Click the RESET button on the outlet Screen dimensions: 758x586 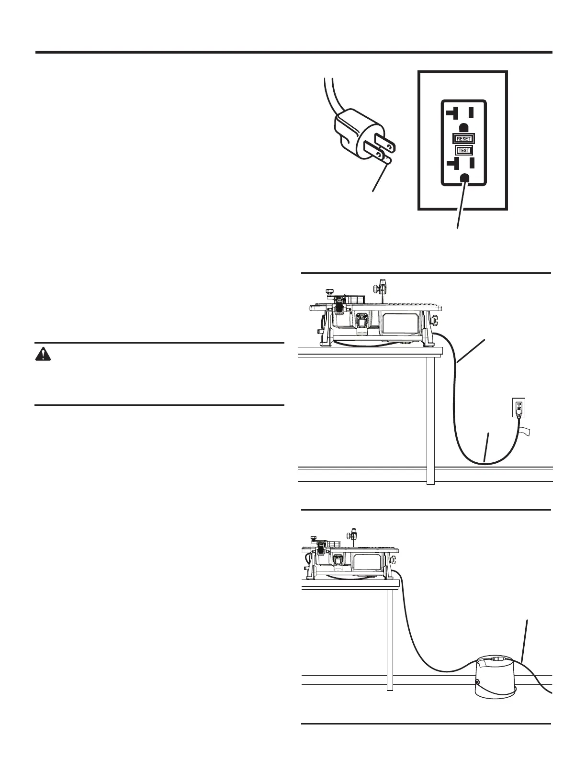point(463,139)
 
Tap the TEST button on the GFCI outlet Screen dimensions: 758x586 point(463,150)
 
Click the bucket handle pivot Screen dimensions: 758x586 point(477,682)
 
